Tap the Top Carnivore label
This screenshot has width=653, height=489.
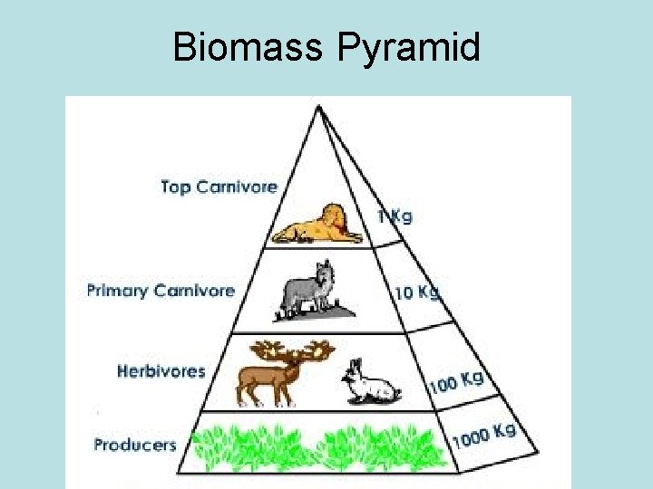[219, 187]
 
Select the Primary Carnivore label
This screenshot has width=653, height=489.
[161, 291]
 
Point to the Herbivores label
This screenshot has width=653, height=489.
[161, 371]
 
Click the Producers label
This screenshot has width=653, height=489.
[135, 445]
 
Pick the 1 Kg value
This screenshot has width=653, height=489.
[395, 216]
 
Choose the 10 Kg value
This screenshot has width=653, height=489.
[416, 292]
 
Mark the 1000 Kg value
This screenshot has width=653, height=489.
[483, 436]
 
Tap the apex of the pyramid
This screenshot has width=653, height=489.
[318, 106]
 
